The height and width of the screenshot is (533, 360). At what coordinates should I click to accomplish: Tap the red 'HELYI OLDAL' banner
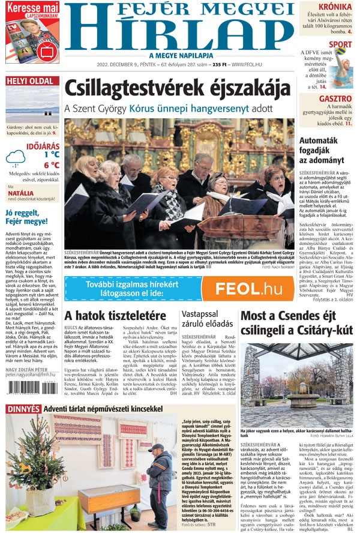point(29,81)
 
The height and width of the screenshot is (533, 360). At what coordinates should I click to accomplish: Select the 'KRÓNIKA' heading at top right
point(335,8)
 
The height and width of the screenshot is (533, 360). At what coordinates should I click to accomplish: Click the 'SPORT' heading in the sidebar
point(341,44)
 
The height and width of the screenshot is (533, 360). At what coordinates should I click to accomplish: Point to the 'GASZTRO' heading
point(335,98)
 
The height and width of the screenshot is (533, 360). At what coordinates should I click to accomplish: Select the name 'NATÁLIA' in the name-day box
point(20,194)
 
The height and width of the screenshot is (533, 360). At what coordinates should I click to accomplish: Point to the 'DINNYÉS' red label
point(23,409)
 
